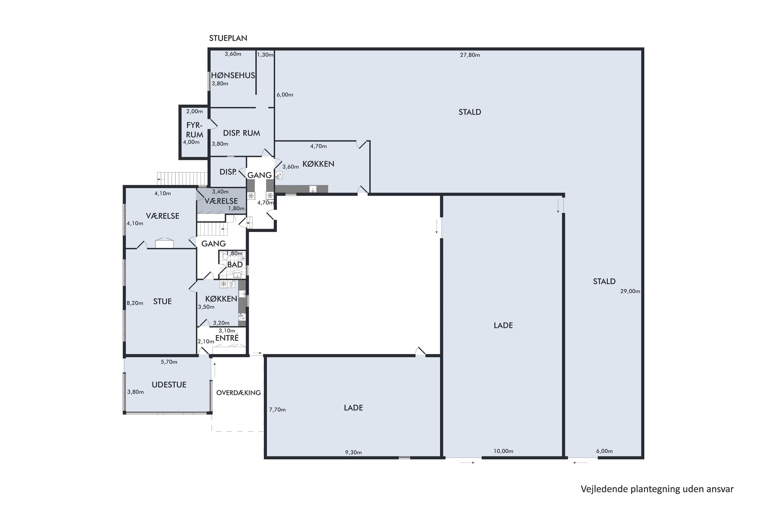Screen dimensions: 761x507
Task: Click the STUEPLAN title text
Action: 228,38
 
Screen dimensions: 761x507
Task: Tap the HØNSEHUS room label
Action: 233,75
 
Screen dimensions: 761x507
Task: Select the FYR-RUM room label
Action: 195,130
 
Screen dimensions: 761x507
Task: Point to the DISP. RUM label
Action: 241,133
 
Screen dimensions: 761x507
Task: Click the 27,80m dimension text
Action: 470,55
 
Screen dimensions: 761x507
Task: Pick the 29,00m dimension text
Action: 630,291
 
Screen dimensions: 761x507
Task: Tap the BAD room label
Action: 235,264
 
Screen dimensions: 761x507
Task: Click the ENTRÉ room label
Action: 227,338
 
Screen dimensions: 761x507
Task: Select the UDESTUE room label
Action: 169,385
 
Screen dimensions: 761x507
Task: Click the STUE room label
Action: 162,301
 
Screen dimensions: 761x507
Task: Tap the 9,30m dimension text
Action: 353,452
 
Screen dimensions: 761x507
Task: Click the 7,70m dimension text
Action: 277,410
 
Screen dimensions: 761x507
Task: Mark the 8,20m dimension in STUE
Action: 135,303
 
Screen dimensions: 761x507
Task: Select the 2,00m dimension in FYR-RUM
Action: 195,111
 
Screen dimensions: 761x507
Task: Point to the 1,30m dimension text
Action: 265,55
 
